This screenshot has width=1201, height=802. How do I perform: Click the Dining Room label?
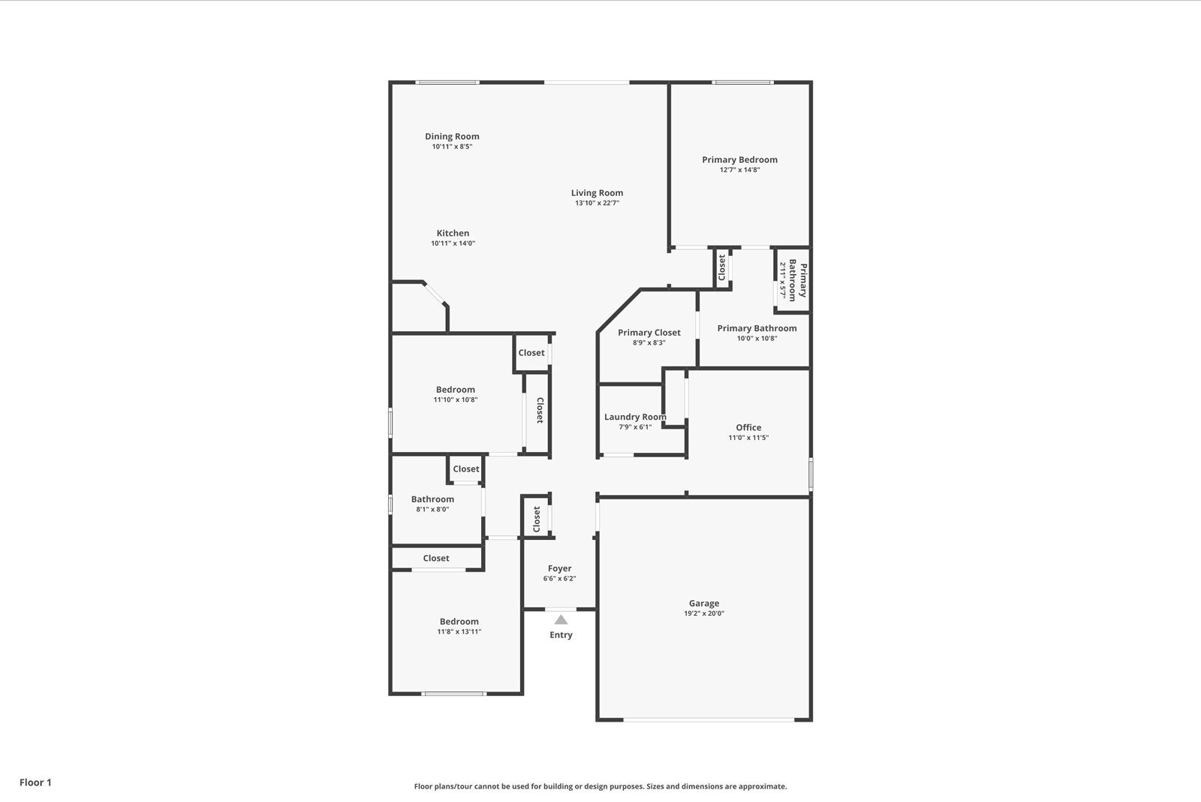[452, 137]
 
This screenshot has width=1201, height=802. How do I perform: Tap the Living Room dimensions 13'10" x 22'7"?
[597, 203]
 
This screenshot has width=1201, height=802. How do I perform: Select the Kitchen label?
[453, 234]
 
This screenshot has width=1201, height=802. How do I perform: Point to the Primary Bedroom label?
[739, 160]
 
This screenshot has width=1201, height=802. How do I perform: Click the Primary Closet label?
[649, 333]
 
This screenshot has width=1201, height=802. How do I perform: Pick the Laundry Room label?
[635, 417]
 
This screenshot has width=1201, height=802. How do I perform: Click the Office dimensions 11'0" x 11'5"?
[748, 438]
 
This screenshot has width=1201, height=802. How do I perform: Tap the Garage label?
[703, 603]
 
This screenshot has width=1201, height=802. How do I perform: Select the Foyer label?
[559, 568]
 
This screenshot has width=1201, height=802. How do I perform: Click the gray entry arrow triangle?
[561, 620]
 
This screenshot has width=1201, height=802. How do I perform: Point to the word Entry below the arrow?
[561, 635]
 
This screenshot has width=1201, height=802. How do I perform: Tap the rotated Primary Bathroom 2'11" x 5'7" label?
[793, 281]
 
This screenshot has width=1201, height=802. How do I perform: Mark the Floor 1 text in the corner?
[35, 782]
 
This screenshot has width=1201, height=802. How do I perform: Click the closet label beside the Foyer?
[537, 519]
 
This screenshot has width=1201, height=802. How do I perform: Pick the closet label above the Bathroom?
[465, 469]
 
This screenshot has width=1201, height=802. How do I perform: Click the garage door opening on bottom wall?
[709, 720]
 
